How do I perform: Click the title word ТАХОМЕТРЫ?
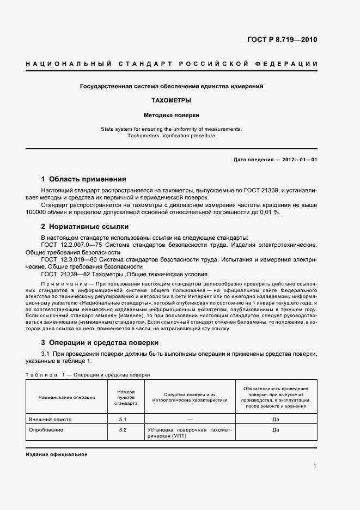tap(172, 101)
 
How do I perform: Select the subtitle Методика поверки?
tap(172, 115)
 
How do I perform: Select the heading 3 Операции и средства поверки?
tap(100, 343)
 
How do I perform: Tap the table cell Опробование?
tap(46, 430)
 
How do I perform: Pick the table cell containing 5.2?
tap(123, 430)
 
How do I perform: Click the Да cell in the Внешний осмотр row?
tap(276, 420)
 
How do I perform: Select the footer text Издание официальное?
tap(56, 454)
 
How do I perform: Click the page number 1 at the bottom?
tap(315, 465)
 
